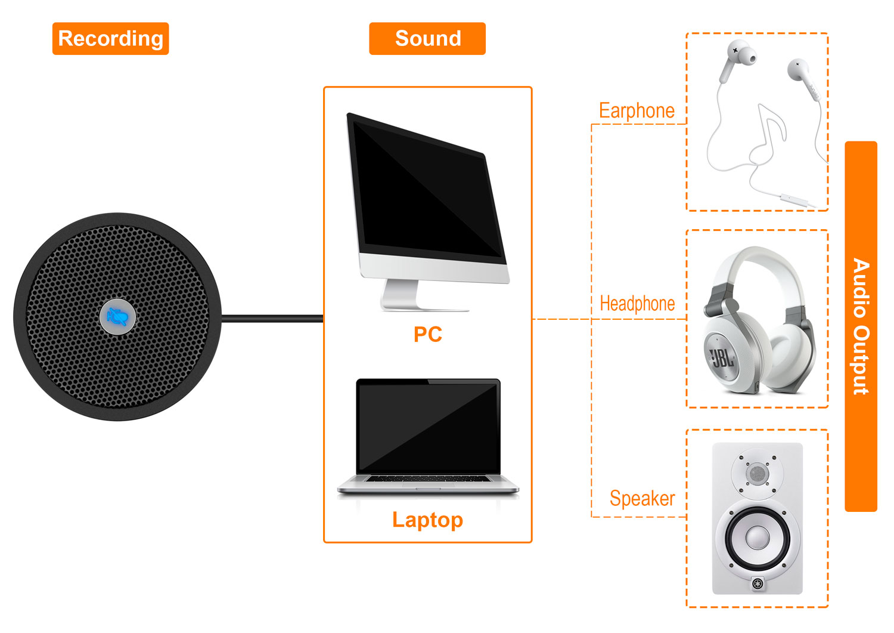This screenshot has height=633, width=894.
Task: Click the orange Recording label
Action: [110, 39]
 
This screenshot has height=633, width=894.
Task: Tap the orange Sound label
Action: [427, 39]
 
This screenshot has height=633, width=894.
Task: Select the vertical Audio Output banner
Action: [861, 326]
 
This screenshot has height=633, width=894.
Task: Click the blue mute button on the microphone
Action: [117, 317]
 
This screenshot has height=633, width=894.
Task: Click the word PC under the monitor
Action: [427, 335]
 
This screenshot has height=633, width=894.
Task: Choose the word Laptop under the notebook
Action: [427, 520]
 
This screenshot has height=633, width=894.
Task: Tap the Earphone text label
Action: [637, 111]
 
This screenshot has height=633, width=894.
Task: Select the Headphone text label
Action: [637, 304]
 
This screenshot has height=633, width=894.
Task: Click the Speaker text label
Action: [642, 498]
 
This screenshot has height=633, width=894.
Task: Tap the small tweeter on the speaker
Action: [758, 474]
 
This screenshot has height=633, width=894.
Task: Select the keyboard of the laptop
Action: [427, 478]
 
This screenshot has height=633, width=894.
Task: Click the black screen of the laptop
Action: [428, 426]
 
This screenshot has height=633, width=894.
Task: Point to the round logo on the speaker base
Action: [758, 583]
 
